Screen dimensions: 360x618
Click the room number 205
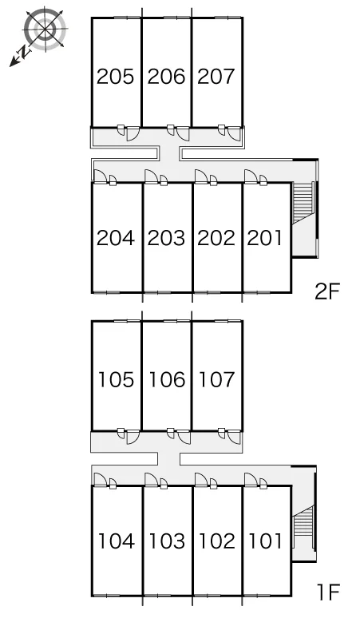pyautogui.click(x=116, y=77)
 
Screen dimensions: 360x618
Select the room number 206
pyautogui.click(x=166, y=77)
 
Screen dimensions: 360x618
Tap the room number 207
pyautogui.click(x=216, y=77)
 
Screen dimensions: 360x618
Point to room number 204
pyautogui.click(x=116, y=238)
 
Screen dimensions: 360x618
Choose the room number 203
pyautogui.click(x=166, y=238)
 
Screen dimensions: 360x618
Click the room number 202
pyautogui.click(x=216, y=238)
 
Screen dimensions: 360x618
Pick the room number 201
pyautogui.click(x=265, y=238)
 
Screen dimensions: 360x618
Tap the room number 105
pyautogui.click(x=117, y=379)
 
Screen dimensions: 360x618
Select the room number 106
pyautogui.click(x=167, y=379)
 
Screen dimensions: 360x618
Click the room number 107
pyautogui.click(x=217, y=379)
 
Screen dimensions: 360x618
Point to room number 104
pyautogui.click(x=117, y=541)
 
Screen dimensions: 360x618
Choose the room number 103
pyautogui.click(x=167, y=541)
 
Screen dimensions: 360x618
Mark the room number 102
pyautogui.click(x=217, y=541)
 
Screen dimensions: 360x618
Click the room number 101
pyautogui.click(x=266, y=541)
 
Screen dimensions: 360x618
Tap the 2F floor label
pyautogui.click(x=327, y=291)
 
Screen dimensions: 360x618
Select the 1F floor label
pyautogui.click(x=328, y=592)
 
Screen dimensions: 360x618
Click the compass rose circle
pyautogui.click(x=45, y=29)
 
